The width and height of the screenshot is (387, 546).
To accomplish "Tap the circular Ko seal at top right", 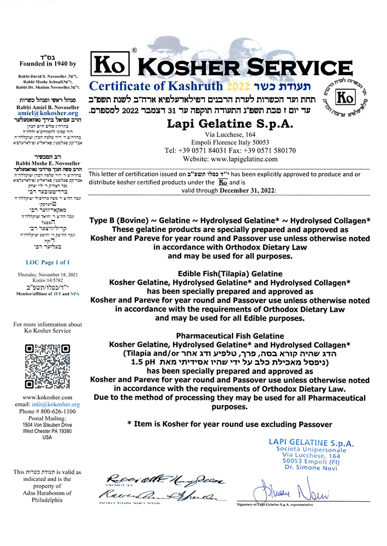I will (x=345, y=99).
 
